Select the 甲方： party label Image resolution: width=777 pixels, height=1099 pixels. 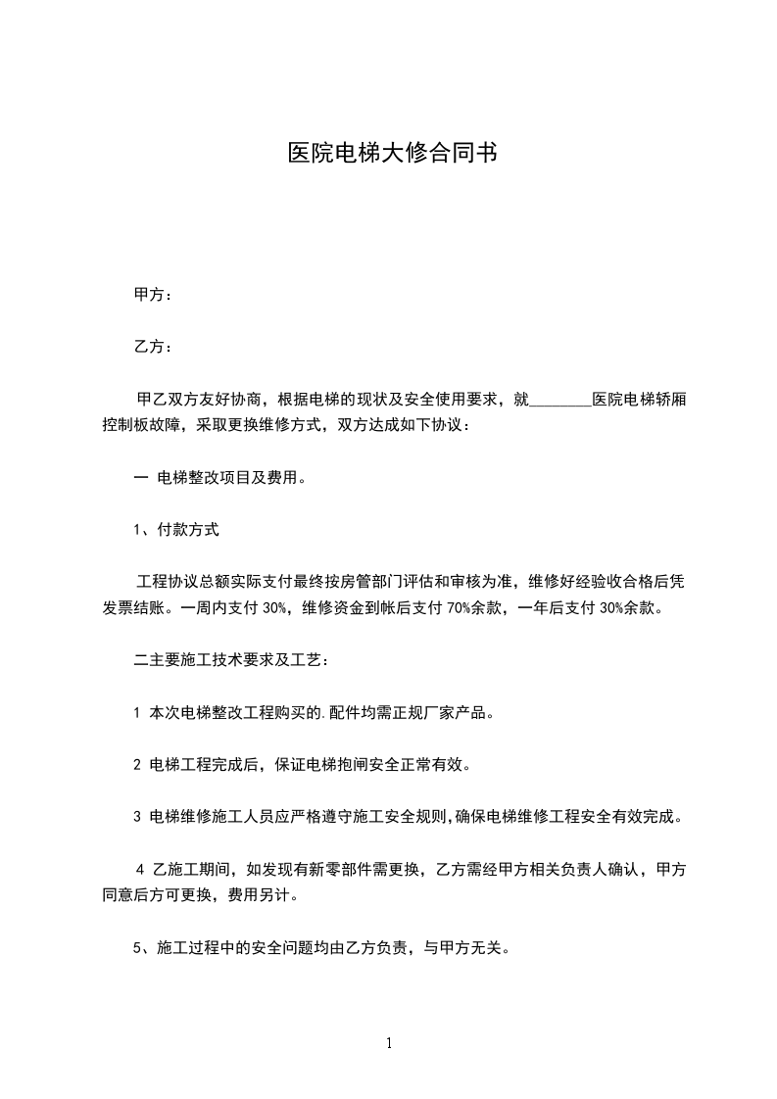click(153, 295)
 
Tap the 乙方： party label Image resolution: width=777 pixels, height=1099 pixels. click(153, 347)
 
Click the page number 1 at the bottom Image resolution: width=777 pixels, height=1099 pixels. click(389, 1043)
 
